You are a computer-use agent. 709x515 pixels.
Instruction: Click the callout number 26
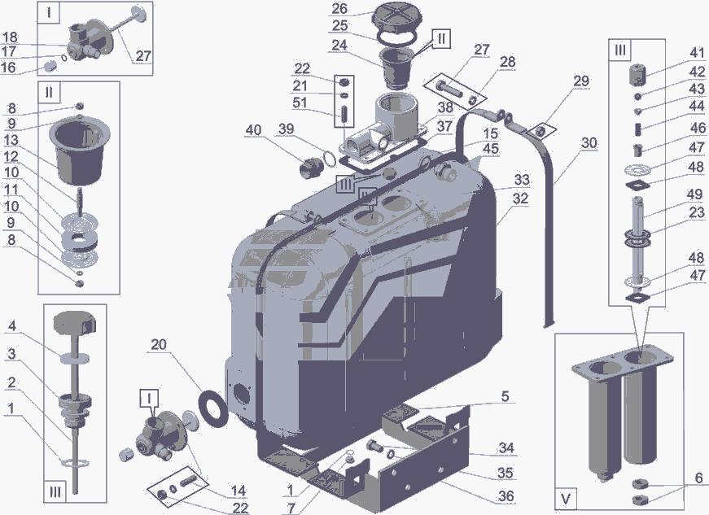click(339, 9)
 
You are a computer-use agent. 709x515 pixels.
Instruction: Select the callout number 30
click(589, 143)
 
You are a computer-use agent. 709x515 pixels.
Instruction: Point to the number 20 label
click(159, 345)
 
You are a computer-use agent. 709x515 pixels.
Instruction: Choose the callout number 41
click(675, 53)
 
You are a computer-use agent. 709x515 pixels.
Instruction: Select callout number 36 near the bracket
click(505, 495)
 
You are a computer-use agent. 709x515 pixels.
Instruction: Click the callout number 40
click(253, 130)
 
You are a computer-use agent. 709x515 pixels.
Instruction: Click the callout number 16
click(9, 68)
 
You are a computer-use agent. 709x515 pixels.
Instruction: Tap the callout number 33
click(521, 180)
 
